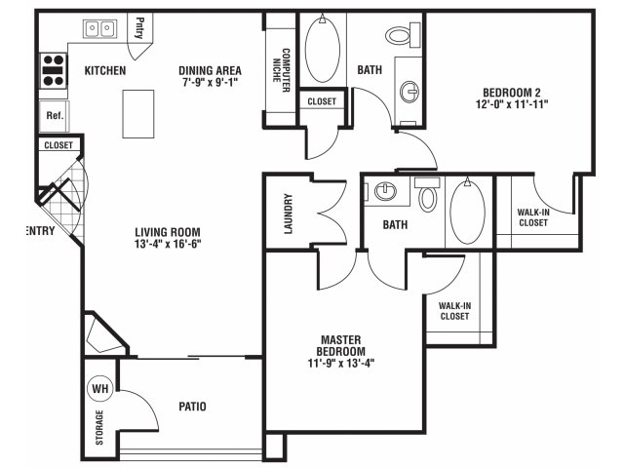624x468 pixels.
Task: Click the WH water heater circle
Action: (99, 388)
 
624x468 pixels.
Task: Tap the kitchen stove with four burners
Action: (54, 70)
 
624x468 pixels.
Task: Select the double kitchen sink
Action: (99, 28)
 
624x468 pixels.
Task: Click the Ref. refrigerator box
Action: (55, 116)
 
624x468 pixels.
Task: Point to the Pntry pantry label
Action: (138, 27)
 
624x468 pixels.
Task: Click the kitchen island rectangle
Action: (138, 114)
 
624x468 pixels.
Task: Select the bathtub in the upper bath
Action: (323, 48)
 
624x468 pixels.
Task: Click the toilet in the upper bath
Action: (403, 35)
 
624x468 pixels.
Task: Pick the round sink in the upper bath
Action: (409, 92)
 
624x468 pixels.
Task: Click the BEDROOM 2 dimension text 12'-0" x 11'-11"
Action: (512, 104)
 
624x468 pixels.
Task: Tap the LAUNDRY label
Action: (289, 214)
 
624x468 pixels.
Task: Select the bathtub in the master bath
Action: (468, 211)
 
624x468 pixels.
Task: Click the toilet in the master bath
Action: (427, 194)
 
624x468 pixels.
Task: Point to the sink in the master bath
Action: (385, 192)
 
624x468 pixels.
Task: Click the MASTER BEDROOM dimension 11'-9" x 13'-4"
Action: (341, 363)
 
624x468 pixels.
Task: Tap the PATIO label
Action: (193, 407)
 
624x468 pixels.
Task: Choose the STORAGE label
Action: (99, 427)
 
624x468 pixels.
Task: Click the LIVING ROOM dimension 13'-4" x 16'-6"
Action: (168, 244)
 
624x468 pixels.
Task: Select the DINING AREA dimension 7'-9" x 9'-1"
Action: (211, 82)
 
